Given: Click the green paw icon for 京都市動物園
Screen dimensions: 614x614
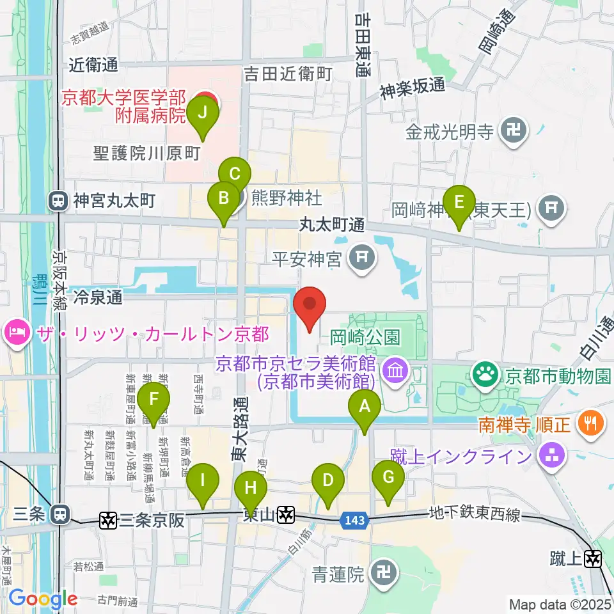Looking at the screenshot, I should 485,375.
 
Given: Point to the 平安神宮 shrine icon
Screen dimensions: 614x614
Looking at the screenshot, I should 363,258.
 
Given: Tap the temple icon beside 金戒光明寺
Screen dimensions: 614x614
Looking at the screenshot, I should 515,132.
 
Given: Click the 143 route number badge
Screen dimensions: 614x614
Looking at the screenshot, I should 354,521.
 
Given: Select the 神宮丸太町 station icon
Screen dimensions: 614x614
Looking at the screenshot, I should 58,201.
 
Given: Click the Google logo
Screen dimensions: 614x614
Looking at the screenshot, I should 43,599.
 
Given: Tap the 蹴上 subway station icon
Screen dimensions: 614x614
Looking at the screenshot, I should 594,559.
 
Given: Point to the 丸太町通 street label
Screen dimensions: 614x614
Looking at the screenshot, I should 332,224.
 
